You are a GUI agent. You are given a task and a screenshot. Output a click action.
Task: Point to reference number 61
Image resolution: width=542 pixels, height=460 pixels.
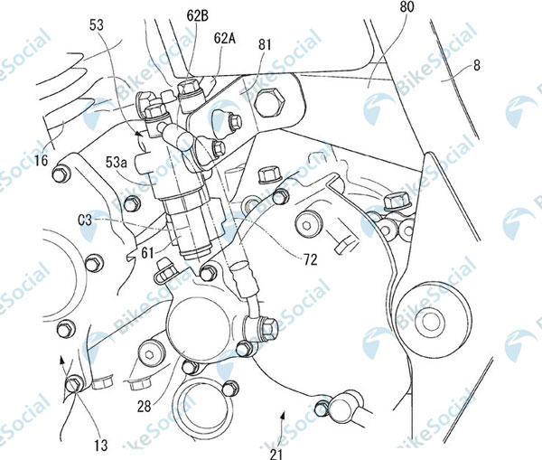click(148, 256)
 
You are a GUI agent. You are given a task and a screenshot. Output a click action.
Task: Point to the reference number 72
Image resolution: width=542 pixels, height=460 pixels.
click(309, 258)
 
